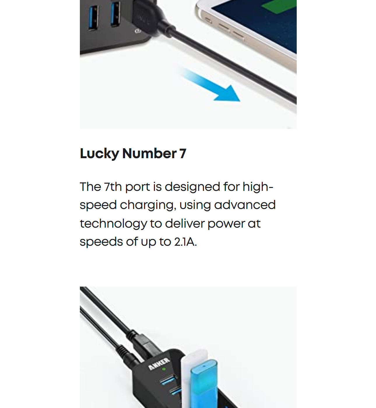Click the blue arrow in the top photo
coord(211,85)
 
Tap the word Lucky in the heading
coord(99,154)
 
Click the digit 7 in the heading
coord(183,153)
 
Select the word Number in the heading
coord(149,153)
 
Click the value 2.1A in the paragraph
coord(185,242)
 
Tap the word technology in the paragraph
coord(113,224)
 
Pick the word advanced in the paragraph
coord(245,205)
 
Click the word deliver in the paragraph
coord(185,223)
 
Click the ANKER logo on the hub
coord(159,364)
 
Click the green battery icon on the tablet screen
coord(279,6)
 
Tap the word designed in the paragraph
coord(192,187)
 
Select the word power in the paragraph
coord(226,224)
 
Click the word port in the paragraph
coord(137,187)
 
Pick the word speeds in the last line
coord(101,242)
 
